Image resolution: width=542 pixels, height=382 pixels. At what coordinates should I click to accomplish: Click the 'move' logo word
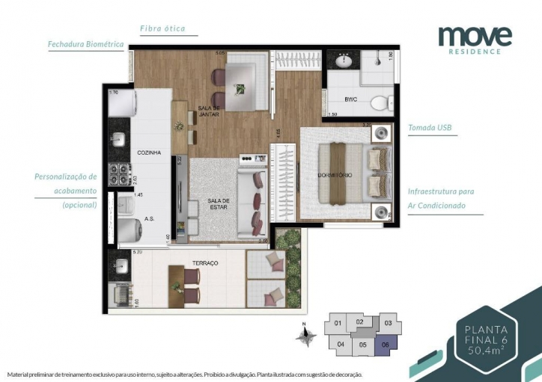point(475,35)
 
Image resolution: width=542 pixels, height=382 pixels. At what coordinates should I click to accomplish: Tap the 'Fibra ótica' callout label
point(162,29)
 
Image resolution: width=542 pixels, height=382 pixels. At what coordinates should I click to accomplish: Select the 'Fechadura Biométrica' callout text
point(85,45)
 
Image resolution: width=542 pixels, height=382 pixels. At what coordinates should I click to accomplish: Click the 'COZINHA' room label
point(149,153)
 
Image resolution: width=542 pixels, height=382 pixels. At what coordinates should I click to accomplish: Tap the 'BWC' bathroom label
point(350,99)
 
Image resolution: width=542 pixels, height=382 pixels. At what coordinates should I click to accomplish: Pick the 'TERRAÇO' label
point(204,264)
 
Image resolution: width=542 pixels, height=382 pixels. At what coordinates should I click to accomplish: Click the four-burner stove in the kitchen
point(119,175)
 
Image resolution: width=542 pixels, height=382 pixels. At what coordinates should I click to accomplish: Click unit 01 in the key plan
point(338,324)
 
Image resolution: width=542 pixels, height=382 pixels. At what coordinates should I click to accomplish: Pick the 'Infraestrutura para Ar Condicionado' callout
point(441,198)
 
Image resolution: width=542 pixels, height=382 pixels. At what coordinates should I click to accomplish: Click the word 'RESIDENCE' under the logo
point(475,52)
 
